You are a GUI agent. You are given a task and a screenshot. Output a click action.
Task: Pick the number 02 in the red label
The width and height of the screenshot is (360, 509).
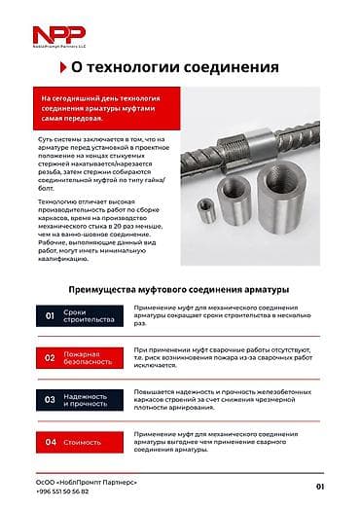click(50, 357)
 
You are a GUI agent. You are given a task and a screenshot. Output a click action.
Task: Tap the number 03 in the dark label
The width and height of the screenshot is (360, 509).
click(50, 399)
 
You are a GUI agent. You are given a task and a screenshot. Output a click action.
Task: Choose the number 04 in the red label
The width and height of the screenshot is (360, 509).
click(50, 442)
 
